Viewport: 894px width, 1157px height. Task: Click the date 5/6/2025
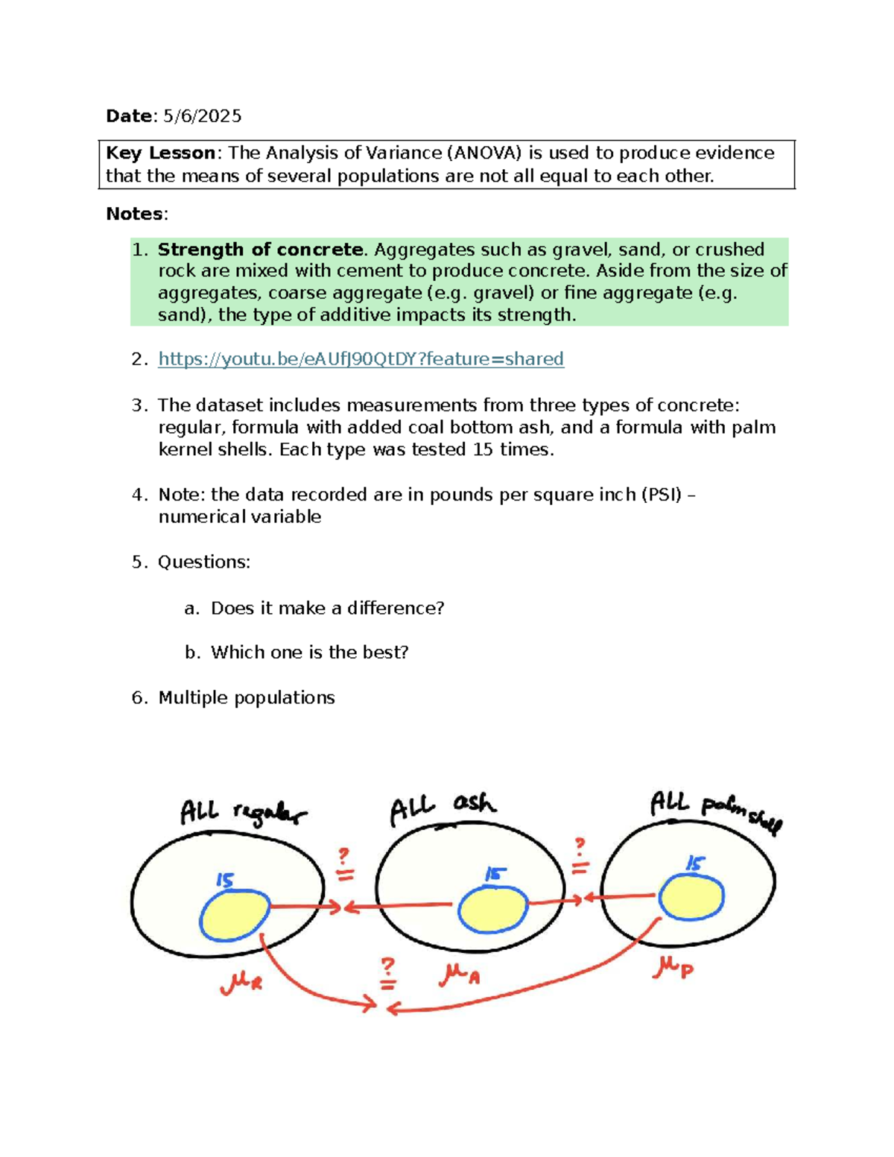[x=203, y=116]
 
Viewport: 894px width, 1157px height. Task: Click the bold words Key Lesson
[x=160, y=153]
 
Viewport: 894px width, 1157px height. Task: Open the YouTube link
[x=361, y=359]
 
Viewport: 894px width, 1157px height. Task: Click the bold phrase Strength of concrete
[x=260, y=250]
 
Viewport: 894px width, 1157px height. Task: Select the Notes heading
[x=135, y=215]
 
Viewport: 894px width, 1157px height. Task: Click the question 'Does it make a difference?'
[x=327, y=608]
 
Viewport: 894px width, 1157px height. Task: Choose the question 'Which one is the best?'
[x=309, y=653]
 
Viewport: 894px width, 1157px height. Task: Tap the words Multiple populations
[x=247, y=698]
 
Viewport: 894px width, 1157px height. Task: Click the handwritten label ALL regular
[x=243, y=812]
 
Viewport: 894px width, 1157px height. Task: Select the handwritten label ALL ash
[x=443, y=808]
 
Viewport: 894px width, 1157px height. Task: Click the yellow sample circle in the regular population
[x=235, y=916]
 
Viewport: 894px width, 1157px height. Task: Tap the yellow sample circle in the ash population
[x=492, y=909]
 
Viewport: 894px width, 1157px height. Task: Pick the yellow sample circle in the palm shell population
[x=691, y=897]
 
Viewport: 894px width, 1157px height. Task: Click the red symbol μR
[x=241, y=983]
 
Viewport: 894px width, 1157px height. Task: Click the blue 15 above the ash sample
[x=495, y=874]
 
